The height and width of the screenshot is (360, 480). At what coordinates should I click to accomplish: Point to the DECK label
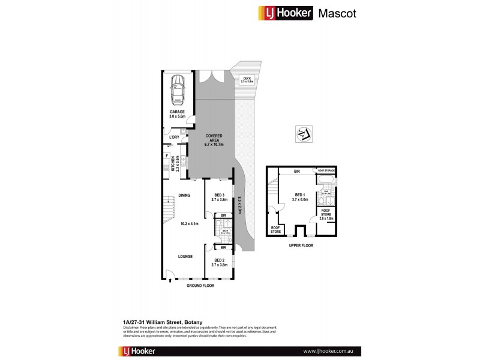(245, 79)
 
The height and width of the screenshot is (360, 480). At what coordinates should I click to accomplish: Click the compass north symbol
(302, 134)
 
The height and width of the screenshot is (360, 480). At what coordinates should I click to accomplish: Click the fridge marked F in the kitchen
(166, 157)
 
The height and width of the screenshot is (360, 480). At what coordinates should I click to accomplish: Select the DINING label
(184, 195)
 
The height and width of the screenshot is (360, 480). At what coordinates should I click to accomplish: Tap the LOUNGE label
(184, 256)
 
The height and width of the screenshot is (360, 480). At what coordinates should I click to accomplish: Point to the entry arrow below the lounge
(170, 279)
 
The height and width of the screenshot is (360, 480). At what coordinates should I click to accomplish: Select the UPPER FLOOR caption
(301, 245)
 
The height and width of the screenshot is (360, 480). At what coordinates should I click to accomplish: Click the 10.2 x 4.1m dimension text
(190, 224)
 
